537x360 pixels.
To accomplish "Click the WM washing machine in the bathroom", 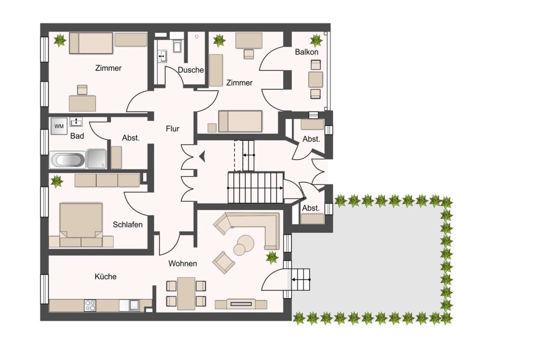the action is (59, 126).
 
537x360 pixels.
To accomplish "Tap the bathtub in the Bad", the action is (67, 160).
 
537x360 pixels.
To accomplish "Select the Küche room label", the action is (106, 277).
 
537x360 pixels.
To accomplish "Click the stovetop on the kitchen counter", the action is (90, 305).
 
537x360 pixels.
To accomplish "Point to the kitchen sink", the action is (134, 305).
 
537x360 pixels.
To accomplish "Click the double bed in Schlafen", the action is (81, 225).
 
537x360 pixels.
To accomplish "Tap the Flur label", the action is (173, 129).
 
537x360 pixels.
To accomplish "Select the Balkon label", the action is (307, 52).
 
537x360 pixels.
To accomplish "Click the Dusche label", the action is (191, 70).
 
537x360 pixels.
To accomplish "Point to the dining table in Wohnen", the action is (186, 293).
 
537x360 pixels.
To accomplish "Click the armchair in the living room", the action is (224, 262).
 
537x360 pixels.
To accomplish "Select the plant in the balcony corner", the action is (316, 40).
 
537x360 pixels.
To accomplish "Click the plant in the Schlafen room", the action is (56, 181).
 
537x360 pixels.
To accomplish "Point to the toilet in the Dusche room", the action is (177, 46).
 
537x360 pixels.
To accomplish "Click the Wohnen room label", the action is (183, 264).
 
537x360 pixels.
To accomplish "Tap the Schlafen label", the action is (128, 225).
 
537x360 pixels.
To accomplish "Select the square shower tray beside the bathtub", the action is (96, 158).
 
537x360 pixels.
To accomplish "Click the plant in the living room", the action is (272, 257).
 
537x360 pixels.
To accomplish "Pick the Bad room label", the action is (77, 136).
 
